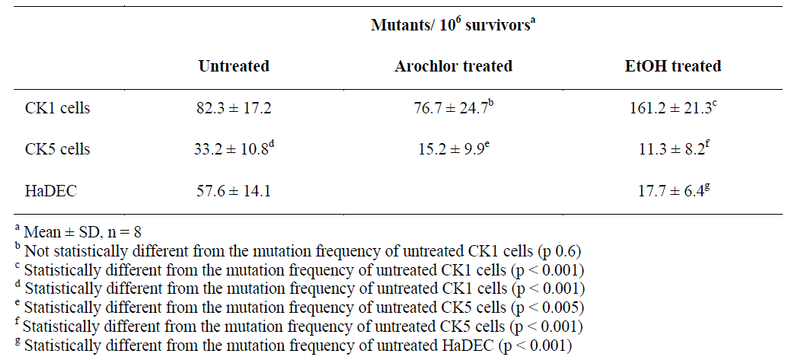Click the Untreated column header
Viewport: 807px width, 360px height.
pyautogui.click(x=234, y=66)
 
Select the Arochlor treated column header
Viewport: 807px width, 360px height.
pyautogui.click(x=453, y=66)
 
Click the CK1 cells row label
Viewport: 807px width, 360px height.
pyautogui.click(x=57, y=108)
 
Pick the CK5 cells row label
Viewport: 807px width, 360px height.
pyautogui.click(x=57, y=149)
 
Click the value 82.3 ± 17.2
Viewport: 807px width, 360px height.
pyautogui.click(x=234, y=108)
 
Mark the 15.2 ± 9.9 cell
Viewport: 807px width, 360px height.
pyautogui.click(x=451, y=149)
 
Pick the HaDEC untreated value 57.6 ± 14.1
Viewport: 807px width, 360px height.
pyautogui.click(x=234, y=190)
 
